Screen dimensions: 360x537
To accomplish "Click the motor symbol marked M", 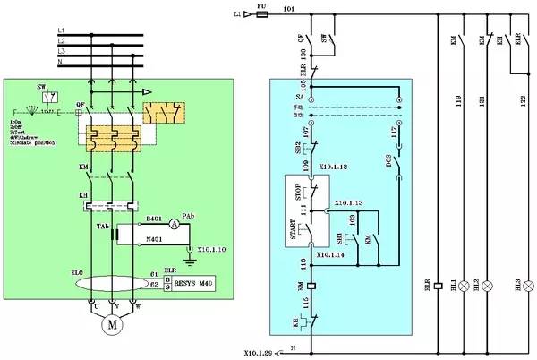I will click(113, 325).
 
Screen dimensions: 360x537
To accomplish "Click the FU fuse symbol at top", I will click(261, 14).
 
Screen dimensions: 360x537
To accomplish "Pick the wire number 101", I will click(288, 9).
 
